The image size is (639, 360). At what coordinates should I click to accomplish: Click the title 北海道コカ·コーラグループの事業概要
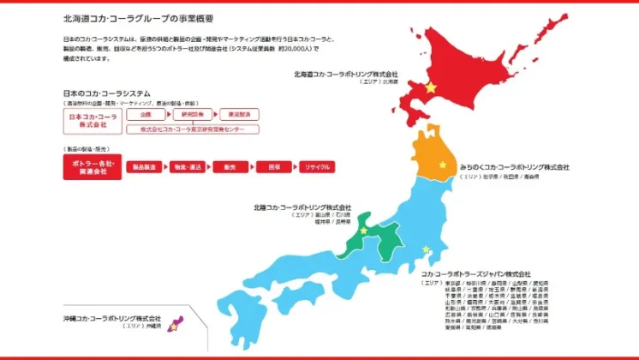[138, 17]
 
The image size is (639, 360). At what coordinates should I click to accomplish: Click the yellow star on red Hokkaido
[431, 88]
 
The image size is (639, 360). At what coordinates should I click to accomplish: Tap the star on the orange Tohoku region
[442, 165]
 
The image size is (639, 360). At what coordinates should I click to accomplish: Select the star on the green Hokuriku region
[363, 231]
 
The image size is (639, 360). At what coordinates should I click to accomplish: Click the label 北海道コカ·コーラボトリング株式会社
[346, 74]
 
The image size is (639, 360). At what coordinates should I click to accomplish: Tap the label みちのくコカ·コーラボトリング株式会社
[514, 167]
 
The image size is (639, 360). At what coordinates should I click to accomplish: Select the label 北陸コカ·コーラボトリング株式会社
[302, 207]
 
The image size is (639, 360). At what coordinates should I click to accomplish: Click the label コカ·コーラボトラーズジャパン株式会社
[475, 273]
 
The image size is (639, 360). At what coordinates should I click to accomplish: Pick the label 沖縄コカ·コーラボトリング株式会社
[112, 318]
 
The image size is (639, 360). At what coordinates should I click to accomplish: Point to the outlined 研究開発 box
[192, 113]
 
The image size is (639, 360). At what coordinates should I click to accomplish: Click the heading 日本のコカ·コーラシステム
[107, 93]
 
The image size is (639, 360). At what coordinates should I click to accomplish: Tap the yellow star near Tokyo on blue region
[425, 250]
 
